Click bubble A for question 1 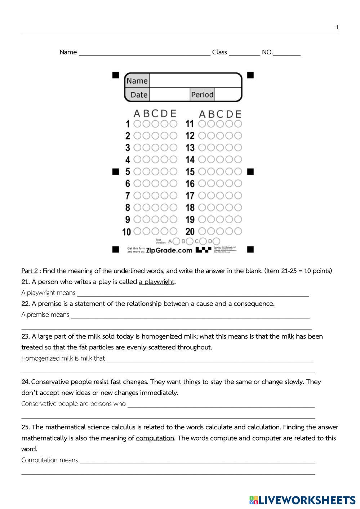(137, 124)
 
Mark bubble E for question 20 (238, 231)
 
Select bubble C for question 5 (155, 171)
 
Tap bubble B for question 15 (211, 171)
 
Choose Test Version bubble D (216, 241)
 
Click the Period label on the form (202, 95)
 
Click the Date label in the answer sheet (139, 95)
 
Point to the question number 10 (126, 232)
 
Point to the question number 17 (190, 196)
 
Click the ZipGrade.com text (169, 250)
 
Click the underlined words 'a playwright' (156, 282)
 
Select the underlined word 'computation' (155, 438)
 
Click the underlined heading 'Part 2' (29, 271)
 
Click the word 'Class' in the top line (219, 52)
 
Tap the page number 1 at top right (337, 27)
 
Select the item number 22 (25, 304)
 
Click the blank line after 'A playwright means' (193, 293)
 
